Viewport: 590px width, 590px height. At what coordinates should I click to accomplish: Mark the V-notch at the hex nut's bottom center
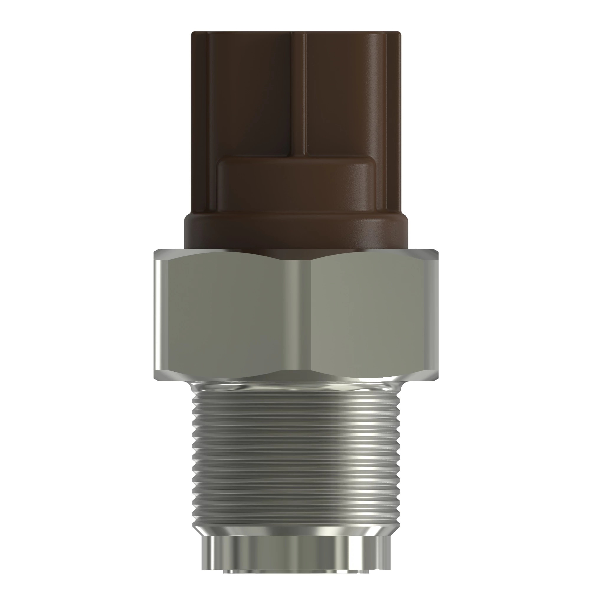pos(296,371)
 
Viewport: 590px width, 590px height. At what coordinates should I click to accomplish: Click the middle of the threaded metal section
pos(296,455)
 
